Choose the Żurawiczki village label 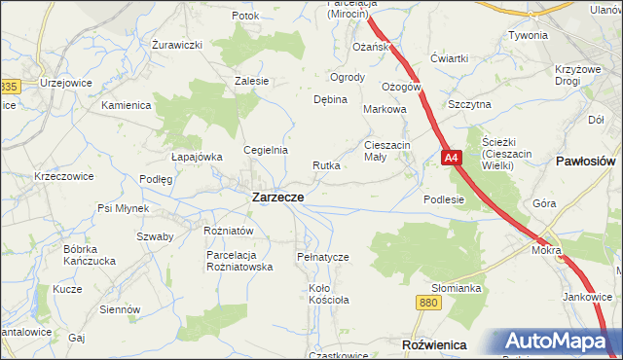point(177,45)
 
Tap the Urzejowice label point(65,82)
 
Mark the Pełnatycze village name point(322,256)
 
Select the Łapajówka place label point(197,156)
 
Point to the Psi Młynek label point(123,208)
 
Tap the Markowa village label point(384,110)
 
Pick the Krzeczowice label point(63,176)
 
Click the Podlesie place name point(444,198)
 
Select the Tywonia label point(528,35)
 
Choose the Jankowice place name point(586,297)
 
